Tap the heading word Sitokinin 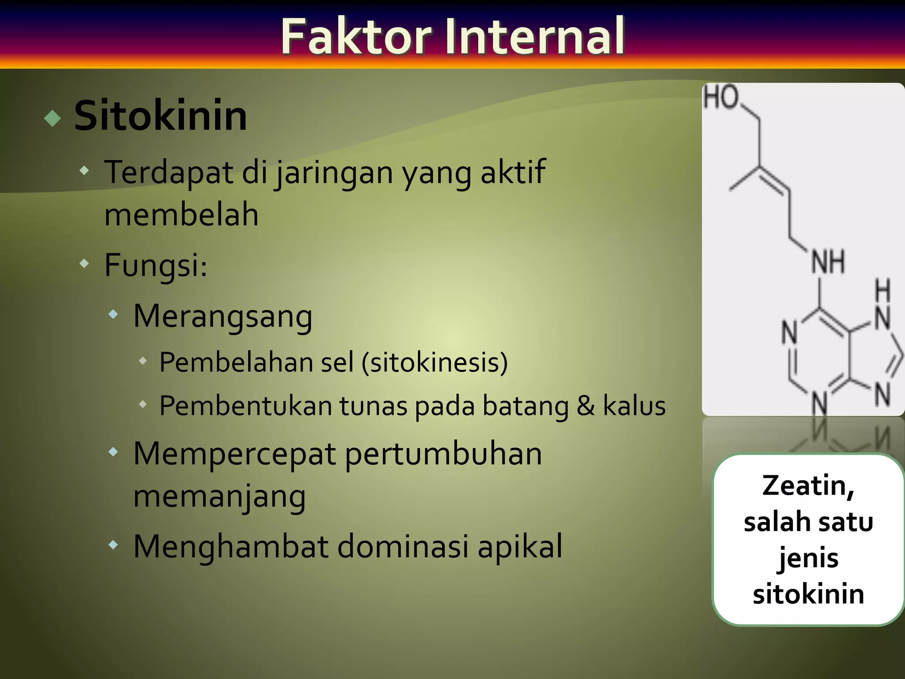[x=160, y=116]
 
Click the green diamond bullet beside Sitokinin [x=53, y=118]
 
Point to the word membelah [x=181, y=215]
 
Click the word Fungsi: [x=156, y=265]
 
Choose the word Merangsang [x=223, y=317]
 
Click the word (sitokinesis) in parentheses [x=434, y=362]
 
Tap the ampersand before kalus [x=586, y=406]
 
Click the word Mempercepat [x=235, y=454]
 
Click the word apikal [x=520, y=546]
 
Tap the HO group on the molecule [x=721, y=97]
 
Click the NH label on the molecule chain [x=828, y=262]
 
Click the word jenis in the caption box [x=808, y=558]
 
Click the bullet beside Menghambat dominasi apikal [x=114, y=545]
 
